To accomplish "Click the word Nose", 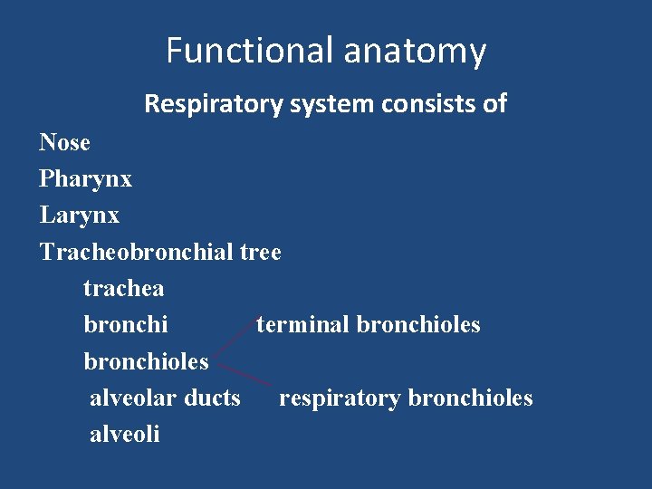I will point(64,143).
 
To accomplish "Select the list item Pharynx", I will point(85,180).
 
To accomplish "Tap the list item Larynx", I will point(79,216).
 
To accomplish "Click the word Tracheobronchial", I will point(137,252).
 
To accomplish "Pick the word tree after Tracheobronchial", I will point(261,253).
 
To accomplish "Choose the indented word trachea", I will point(123,289).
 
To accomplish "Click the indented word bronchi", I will point(125,324).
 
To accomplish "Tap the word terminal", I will point(302,324).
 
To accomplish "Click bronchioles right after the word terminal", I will point(418,324).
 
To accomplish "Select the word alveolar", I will point(133,398).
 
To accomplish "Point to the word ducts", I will point(212,398).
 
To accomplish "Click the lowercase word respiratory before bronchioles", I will point(340,398).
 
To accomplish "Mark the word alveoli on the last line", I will point(124,434).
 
